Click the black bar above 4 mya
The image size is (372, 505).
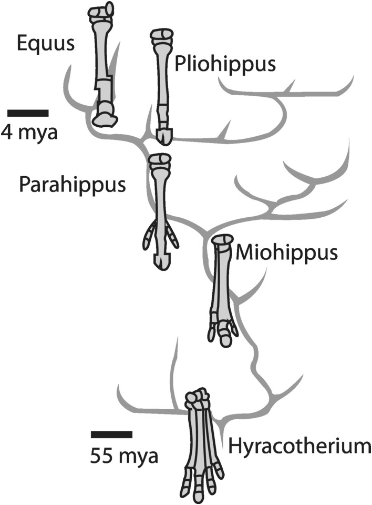click(x=28, y=113)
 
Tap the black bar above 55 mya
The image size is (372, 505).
click(x=111, y=435)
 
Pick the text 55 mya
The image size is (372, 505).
click(x=123, y=454)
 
